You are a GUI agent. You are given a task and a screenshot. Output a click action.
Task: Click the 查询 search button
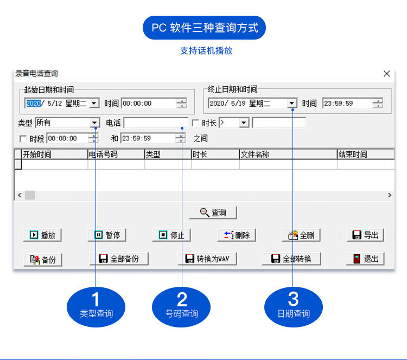pyautogui.click(x=213, y=213)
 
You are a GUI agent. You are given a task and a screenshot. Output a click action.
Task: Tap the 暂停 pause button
pyautogui.click(x=107, y=235)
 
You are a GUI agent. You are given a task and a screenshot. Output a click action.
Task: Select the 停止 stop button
pyautogui.click(x=171, y=235)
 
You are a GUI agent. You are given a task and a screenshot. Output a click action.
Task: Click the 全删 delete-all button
pyautogui.click(x=301, y=235)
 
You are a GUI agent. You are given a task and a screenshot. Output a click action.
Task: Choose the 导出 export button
pyautogui.click(x=365, y=235)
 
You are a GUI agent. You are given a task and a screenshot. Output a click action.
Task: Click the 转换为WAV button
pyautogui.click(x=207, y=259)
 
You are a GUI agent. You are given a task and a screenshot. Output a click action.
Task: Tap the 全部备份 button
pyautogui.click(x=119, y=259)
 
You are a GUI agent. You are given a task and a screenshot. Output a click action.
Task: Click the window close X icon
pyautogui.click(x=386, y=74)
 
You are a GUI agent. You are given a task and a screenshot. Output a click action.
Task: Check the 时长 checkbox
pyautogui.click(x=195, y=123)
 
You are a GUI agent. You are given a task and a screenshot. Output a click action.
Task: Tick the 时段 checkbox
pyautogui.click(x=23, y=139)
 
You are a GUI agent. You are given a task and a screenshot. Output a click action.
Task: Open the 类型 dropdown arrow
pyautogui.click(x=94, y=123)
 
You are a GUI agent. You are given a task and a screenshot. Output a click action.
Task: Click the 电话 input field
pyautogui.click(x=156, y=123)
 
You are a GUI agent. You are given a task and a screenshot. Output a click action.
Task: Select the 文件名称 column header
pyautogui.click(x=255, y=155)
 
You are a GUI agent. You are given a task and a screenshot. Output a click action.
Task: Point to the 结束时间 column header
pyautogui.click(x=353, y=155)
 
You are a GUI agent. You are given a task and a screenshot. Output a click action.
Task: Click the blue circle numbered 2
pyautogui.click(x=181, y=307)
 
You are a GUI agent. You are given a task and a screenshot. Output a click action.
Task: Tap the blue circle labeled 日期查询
pyautogui.click(x=293, y=307)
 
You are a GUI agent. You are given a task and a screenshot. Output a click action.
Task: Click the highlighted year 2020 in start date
pyautogui.click(x=34, y=103)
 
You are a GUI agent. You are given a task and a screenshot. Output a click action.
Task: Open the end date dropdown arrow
pyautogui.click(x=292, y=103)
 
